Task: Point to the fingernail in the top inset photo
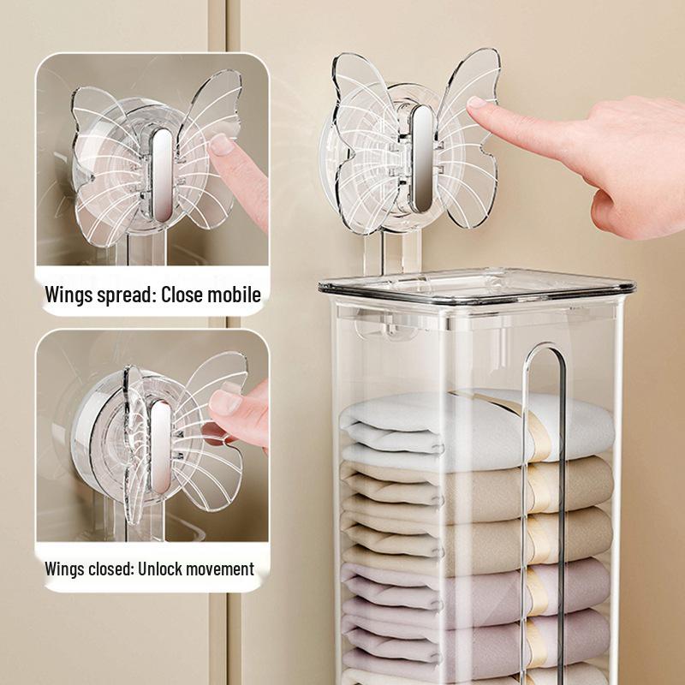[222, 144]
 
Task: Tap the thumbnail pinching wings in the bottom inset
[224, 402]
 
